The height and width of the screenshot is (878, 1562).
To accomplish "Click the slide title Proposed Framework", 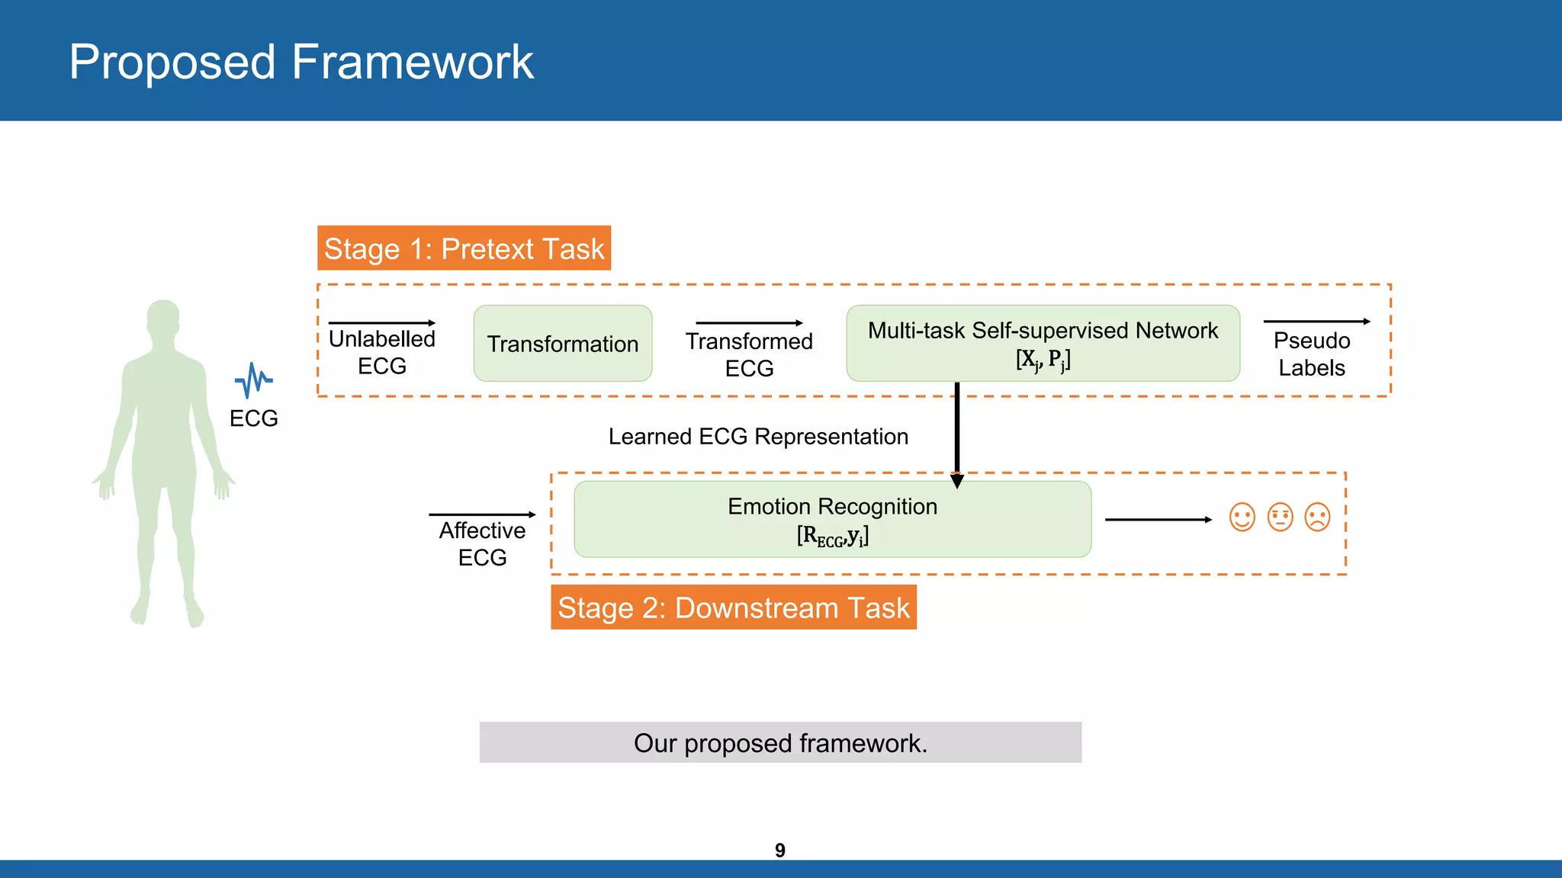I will coord(301,62).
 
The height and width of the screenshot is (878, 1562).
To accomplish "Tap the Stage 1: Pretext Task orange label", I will coord(464,248).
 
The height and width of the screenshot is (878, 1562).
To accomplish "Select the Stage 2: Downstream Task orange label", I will coord(733,607).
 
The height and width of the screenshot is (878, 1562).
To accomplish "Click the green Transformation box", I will coord(562,344).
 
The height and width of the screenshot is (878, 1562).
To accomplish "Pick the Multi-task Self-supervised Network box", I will coord(1043,343).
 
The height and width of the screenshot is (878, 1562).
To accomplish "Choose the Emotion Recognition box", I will coord(832,519).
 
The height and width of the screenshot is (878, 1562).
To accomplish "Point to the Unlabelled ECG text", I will coord(381,352).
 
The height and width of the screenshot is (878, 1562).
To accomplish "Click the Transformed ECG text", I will coord(749,354).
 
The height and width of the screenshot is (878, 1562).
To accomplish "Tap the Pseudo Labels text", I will coord(1311,354).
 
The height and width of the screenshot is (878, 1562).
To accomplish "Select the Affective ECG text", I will coord(482,543).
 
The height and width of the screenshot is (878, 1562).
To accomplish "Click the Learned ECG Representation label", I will coord(758,437).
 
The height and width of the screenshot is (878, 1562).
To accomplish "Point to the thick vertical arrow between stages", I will coord(957,431).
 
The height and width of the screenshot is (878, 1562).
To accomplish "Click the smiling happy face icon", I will coord(1242,518).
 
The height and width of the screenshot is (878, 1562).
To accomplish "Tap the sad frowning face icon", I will coord(1317,518).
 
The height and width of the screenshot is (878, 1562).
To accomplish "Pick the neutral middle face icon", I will coord(1280,518).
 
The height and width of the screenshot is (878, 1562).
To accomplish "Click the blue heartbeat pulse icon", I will coord(253,380).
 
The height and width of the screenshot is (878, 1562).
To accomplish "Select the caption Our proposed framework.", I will coord(780,743).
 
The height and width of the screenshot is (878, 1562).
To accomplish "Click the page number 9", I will coord(779,850).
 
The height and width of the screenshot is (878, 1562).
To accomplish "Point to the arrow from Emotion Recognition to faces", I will coord(1157,520).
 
